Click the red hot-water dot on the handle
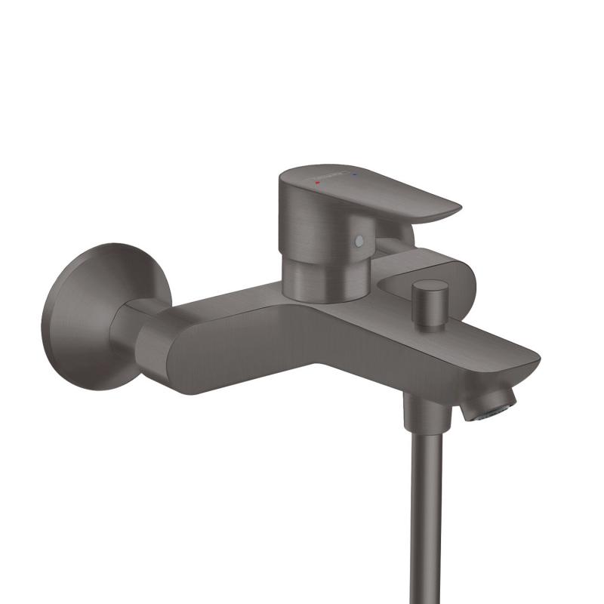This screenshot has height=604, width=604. (x=319, y=183)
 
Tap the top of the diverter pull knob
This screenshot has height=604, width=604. (x=430, y=288)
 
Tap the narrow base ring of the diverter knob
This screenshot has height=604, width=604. (x=430, y=323)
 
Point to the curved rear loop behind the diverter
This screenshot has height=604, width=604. (x=461, y=272)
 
